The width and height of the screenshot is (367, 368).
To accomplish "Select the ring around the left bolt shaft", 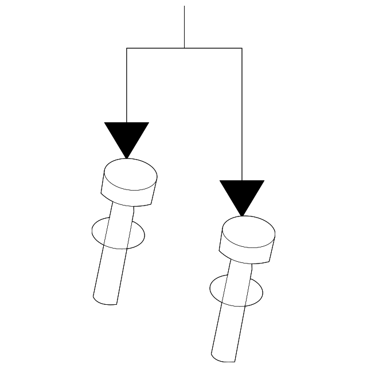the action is click(95, 233).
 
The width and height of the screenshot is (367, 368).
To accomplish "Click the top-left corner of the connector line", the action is click(127, 48).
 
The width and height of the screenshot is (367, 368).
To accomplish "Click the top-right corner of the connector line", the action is click(242, 48).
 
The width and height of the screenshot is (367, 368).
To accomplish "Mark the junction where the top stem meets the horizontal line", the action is click(184, 48).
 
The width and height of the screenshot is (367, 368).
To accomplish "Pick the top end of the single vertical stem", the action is click(184, 7).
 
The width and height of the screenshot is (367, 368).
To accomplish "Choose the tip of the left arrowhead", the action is click(127, 157).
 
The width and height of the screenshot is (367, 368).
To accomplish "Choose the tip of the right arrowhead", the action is click(242, 216).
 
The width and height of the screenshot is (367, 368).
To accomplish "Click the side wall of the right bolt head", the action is click(245, 253).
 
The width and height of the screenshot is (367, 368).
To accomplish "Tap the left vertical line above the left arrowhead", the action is click(127, 86).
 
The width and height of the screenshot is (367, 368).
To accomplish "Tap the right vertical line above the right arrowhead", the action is click(242, 115).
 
